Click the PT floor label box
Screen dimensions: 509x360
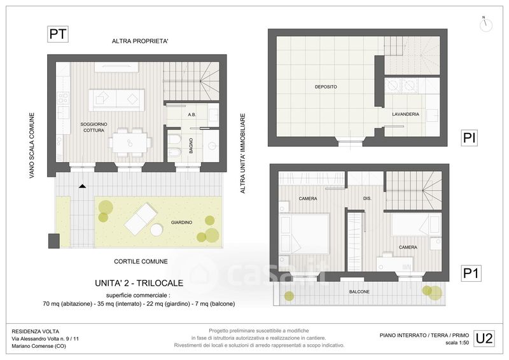(58, 34)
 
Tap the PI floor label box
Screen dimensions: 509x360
(469, 137)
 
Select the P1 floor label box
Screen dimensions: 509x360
(471, 273)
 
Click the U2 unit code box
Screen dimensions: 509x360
(484, 338)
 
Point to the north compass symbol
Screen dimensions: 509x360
(485, 24)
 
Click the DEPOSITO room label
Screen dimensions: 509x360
(326, 87)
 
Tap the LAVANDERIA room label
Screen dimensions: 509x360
(405, 114)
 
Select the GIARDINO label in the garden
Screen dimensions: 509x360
(181, 223)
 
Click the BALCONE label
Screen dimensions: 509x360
(359, 291)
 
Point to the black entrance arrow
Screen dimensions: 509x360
(83, 186)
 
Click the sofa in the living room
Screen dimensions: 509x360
(116, 100)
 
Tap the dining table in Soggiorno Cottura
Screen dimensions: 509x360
(130, 143)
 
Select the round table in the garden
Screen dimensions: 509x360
(157, 230)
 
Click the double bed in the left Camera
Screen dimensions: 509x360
(304, 233)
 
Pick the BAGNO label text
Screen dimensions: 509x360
(191, 146)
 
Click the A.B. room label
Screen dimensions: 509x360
(192, 114)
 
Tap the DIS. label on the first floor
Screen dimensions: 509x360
(367, 198)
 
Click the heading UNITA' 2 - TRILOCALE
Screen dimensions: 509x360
(139, 283)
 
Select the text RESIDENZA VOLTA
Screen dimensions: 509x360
(36, 331)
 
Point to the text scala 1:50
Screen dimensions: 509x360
(457, 342)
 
